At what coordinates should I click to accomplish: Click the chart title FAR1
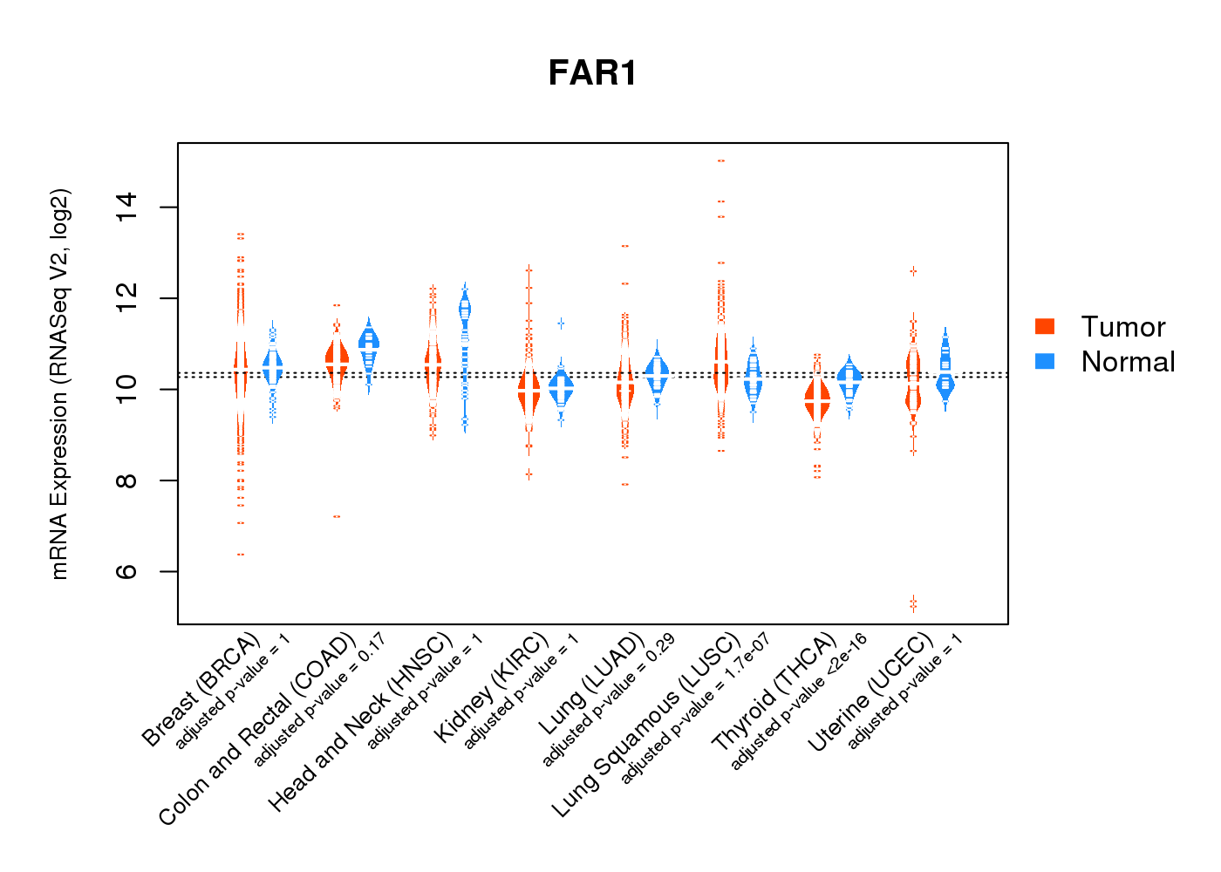click(x=592, y=73)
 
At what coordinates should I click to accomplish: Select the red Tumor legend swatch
click(x=1045, y=326)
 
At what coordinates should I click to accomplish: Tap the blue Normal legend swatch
click(x=1045, y=361)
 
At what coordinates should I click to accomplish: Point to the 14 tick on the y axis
click(x=127, y=208)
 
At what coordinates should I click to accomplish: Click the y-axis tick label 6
click(x=127, y=571)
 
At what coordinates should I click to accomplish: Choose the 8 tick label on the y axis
click(x=127, y=480)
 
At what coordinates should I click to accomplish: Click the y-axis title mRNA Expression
click(x=59, y=384)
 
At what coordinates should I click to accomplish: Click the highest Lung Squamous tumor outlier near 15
click(x=721, y=161)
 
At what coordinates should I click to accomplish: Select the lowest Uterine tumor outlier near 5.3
click(x=913, y=603)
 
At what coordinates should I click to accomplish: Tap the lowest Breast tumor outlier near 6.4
click(x=241, y=555)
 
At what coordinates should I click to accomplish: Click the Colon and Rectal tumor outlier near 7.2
click(x=337, y=516)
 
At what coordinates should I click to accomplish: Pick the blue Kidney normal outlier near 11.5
click(x=562, y=324)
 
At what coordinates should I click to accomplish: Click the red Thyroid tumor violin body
click(x=817, y=401)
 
